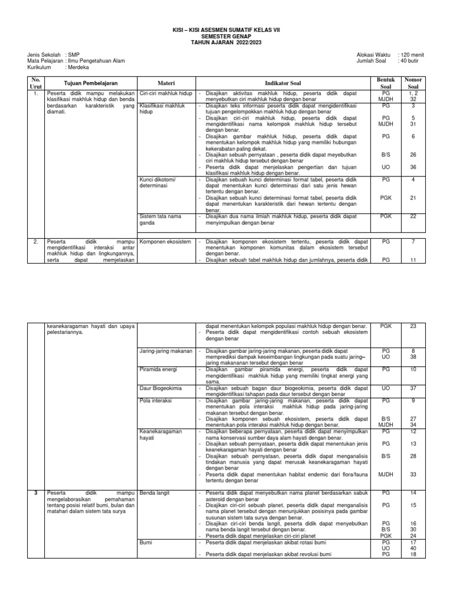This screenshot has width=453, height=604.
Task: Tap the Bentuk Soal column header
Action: click(385, 83)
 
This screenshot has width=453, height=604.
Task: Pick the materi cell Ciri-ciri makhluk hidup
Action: click(166, 93)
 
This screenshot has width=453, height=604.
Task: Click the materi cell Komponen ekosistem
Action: click(166, 242)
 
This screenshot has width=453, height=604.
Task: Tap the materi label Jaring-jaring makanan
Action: click(166, 351)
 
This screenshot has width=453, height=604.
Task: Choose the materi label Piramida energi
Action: click(159, 369)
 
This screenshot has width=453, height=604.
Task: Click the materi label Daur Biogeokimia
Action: click(161, 388)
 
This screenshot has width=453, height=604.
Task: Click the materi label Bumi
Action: click(145, 541)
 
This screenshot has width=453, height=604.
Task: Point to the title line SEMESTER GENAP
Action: click(226, 36)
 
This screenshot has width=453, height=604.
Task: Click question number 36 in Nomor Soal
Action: click(413, 167)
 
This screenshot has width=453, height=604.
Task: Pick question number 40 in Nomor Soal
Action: click(413, 548)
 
